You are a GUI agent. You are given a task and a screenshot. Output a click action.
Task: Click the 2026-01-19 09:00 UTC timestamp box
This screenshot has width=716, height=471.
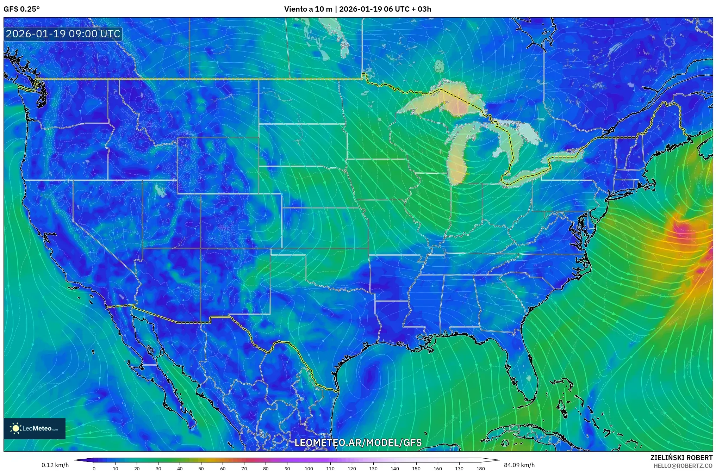[x=63, y=34]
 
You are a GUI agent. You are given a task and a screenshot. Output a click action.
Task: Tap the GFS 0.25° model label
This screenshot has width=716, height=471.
[x=21, y=9]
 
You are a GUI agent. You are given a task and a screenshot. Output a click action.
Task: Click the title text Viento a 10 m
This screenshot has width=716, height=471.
[x=308, y=9]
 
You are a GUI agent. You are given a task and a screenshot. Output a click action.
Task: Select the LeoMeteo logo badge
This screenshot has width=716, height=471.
[x=35, y=428]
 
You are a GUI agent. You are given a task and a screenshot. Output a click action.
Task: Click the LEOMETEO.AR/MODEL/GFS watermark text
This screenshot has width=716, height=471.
[x=358, y=442]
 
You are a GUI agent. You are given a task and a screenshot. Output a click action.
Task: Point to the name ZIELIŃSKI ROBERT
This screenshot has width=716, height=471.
[x=681, y=458]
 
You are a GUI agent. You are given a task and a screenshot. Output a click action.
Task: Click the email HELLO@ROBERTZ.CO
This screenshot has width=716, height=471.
[x=683, y=466]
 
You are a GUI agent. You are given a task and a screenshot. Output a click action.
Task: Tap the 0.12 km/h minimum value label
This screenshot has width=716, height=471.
[x=55, y=465]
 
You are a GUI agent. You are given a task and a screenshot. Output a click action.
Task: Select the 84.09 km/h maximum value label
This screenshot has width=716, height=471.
[x=519, y=465]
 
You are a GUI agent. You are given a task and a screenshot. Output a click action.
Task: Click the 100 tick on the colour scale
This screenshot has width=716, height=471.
[x=309, y=469]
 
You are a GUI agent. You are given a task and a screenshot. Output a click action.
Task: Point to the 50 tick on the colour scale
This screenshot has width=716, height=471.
[x=201, y=469]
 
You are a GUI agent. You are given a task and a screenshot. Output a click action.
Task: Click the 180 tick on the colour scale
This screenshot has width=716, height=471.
[x=480, y=469]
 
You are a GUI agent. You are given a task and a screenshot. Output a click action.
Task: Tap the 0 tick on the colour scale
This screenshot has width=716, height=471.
[x=94, y=469]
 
